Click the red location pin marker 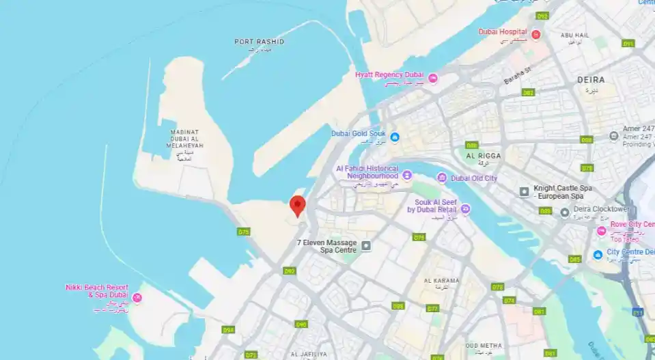click(x=297, y=205)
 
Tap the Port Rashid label click(x=259, y=42)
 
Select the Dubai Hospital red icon click(x=535, y=33)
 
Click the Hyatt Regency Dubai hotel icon click(x=432, y=79)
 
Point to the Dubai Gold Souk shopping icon click(x=395, y=137)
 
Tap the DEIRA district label click(x=591, y=80)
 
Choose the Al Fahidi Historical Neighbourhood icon click(x=407, y=176)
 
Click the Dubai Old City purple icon click(x=442, y=178)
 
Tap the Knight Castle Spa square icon click(x=524, y=191)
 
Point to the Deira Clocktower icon click(x=565, y=212)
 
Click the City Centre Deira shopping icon click(x=598, y=254)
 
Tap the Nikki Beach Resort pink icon click(x=137, y=297)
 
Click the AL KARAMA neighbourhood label click(x=441, y=281)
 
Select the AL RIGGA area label click(x=484, y=156)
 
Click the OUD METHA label click(x=484, y=346)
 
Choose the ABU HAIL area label click(x=575, y=34)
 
